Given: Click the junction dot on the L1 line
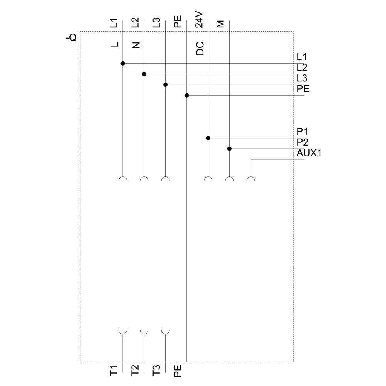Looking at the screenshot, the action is click(x=123, y=63).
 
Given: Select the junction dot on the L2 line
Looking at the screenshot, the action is click(x=144, y=74).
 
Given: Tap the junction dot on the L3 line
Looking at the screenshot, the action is click(x=166, y=85).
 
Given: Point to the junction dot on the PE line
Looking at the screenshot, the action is click(x=187, y=95).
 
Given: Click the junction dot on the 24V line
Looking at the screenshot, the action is click(x=208, y=138).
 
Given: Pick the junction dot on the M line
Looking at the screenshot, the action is click(x=229, y=149).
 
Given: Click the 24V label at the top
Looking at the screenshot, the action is click(x=199, y=19).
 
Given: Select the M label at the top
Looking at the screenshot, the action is click(x=220, y=24).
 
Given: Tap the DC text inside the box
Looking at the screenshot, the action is click(x=200, y=48).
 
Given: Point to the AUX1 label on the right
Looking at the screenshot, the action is click(x=309, y=153).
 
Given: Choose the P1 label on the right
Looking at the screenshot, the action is click(x=302, y=132).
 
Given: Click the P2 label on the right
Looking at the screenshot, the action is click(x=302, y=142).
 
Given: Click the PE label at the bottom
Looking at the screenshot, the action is click(x=178, y=371).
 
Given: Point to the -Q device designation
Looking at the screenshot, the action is click(x=72, y=37).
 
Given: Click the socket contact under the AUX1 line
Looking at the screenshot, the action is click(x=251, y=179).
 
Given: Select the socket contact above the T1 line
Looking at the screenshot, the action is click(x=123, y=332).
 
